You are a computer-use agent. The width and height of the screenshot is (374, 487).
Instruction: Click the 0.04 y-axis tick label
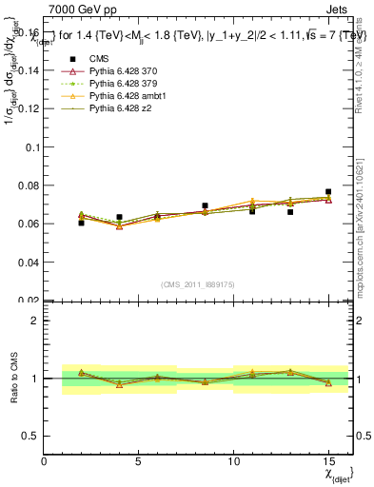(29, 262)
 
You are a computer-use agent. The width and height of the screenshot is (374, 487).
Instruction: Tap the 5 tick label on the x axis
(139, 462)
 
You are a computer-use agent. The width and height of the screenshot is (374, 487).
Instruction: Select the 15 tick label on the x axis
(328, 462)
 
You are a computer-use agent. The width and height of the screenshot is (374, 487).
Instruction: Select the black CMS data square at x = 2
(82, 223)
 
